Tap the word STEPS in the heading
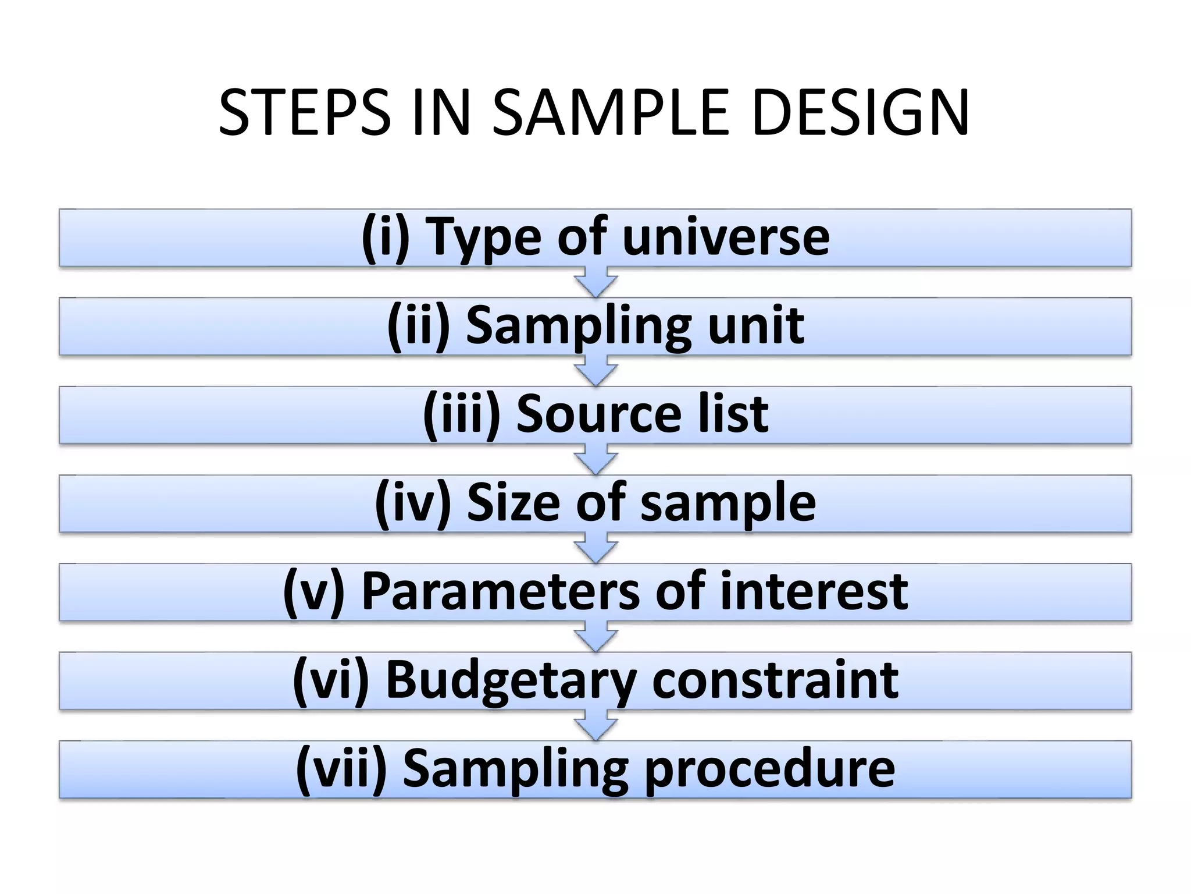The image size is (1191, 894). [x=304, y=113]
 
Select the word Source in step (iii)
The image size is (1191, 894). [x=598, y=414]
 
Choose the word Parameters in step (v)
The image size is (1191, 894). [x=501, y=592]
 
